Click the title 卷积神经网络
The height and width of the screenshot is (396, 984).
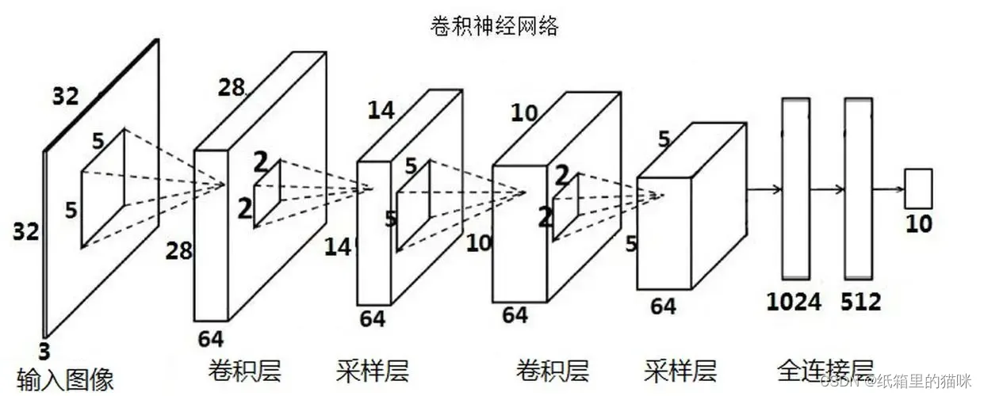click(493, 26)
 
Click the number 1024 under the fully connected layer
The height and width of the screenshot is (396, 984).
click(794, 302)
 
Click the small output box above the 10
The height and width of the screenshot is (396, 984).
click(919, 188)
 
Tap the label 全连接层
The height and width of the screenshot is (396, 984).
click(825, 369)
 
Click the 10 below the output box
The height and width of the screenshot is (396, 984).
click(920, 225)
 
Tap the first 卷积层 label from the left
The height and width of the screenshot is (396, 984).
click(245, 369)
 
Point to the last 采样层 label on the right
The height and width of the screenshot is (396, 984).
click(680, 369)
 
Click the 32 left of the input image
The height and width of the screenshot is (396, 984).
click(26, 231)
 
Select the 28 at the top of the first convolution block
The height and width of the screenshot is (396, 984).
click(232, 87)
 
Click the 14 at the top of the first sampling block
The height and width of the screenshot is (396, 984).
click(381, 110)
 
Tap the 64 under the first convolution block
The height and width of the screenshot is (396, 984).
click(211, 339)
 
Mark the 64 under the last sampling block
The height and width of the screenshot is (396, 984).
click(664, 307)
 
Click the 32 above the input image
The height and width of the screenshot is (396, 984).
click(66, 97)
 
